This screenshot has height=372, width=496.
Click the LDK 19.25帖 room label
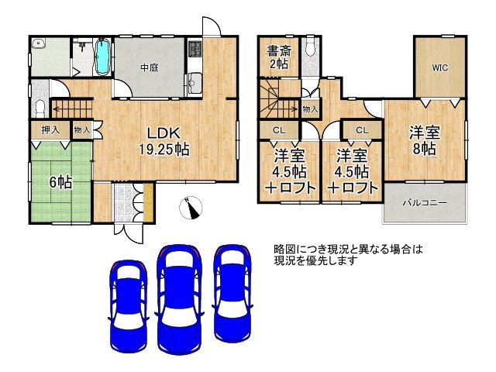click(x=164, y=141)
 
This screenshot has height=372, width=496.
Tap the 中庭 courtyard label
click(x=150, y=67)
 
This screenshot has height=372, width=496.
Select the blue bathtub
click(x=102, y=57)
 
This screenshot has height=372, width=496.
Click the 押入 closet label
click(x=50, y=129)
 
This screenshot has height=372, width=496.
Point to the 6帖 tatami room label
click(x=60, y=183)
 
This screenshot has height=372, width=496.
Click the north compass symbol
click(x=191, y=208)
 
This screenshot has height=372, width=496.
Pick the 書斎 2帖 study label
click(x=279, y=57)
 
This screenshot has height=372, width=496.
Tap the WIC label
click(x=440, y=67)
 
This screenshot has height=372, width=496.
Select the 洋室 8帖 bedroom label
click(x=425, y=140)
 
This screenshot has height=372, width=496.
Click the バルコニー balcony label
click(x=425, y=202)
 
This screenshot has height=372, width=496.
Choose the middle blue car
click(x=179, y=296)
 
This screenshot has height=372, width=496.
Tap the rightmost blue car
click(x=232, y=293)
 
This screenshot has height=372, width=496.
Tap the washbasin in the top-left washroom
click(x=39, y=43)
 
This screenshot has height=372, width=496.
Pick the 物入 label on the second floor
click(x=310, y=109)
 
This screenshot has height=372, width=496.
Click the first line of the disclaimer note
click(x=348, y=250)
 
